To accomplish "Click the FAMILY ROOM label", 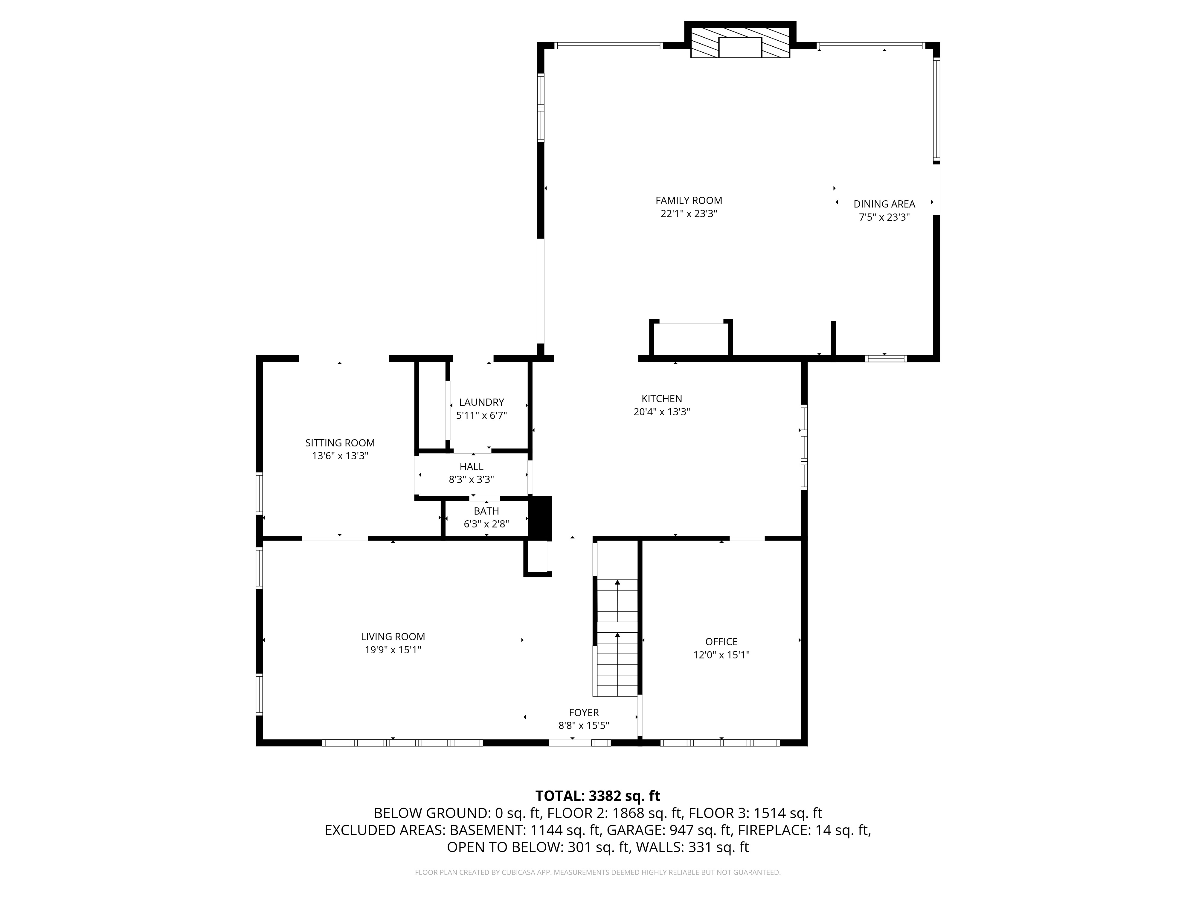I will [x=688, y=201].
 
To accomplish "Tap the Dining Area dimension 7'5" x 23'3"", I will [x=884, y=217].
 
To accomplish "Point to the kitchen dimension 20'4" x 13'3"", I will [x=661, y=412].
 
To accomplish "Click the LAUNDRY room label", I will [x=481, y=402].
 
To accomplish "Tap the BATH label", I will [x=486, y=511].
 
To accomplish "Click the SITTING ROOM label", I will [x=340, y=443].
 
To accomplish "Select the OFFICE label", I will [x=721, y=642].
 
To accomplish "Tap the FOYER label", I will [x=583, y=713].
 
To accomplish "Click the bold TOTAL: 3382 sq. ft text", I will [x=597, y=796].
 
